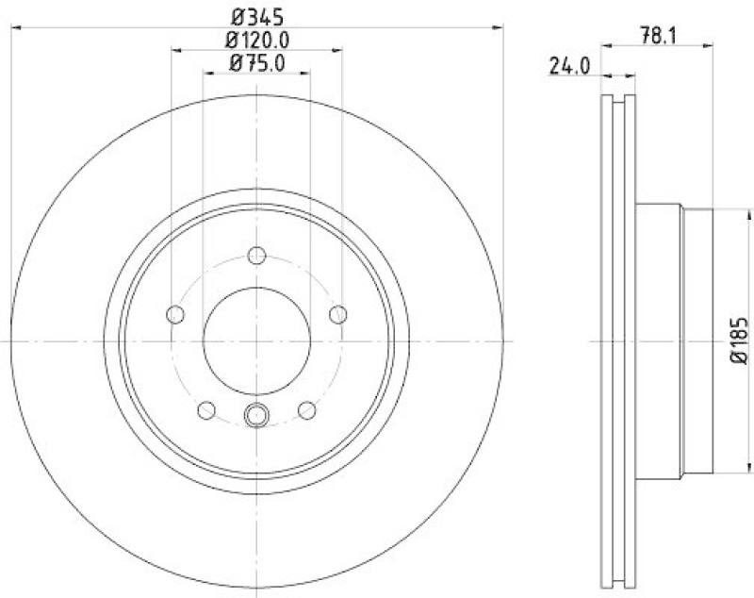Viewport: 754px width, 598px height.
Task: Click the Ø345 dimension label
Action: [x=257, y=16]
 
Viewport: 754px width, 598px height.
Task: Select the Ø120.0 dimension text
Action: [x=257, y=40]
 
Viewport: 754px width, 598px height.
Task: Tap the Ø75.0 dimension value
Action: [x=257, y=63]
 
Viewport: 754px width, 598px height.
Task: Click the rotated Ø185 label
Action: [x=739, y=341]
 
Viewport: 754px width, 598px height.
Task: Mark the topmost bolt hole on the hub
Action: [x=257, y=255]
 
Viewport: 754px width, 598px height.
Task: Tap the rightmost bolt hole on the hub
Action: [x=338, y=314]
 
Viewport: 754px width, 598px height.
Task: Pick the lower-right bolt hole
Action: [x=306, y=409]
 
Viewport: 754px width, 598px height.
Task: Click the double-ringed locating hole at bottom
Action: [x=257, y=413]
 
